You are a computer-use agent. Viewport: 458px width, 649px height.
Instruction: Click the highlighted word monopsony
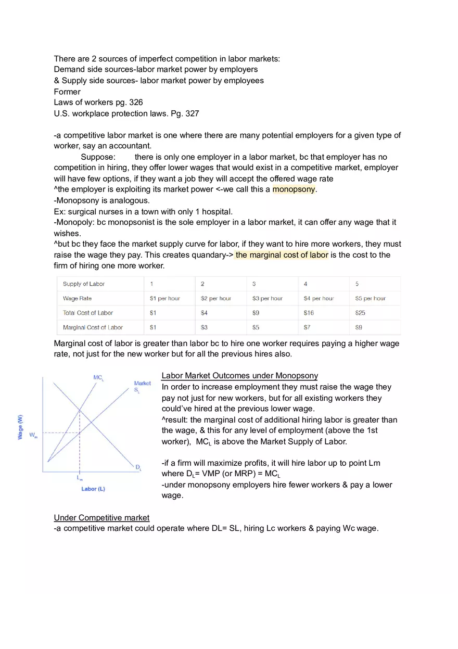click(294, 189)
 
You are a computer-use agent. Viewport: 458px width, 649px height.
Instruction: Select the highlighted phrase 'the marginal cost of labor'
click(282, 255)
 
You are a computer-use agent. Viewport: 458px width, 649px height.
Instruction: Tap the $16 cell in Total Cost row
click(309, 313)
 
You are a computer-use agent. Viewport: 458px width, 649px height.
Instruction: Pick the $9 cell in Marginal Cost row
click(359, 327)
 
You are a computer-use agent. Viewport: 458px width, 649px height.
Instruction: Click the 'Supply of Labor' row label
click(84, 284)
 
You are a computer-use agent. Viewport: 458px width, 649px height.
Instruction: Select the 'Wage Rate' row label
click(77, 298)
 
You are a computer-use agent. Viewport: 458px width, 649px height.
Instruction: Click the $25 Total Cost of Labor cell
click(360, 313)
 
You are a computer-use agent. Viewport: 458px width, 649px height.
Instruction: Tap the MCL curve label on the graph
click(98, 377)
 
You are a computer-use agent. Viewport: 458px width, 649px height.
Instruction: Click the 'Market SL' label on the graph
click(142, 386)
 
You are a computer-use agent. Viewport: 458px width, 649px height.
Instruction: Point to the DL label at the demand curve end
click(138, 467)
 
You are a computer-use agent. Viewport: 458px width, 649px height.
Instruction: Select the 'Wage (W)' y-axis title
click(20, 427)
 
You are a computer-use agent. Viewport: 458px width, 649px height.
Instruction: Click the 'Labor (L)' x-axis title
click(93, 489)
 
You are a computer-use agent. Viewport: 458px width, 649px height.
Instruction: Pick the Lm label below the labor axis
click(80, 477)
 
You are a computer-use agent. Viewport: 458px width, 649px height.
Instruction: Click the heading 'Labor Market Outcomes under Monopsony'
click(239, 376)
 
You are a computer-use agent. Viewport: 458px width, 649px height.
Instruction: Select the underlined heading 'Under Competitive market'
click(101, 518)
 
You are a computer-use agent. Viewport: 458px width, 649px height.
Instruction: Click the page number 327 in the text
click(192, 113)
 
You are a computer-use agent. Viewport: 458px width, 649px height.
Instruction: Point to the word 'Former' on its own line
click(67, 92)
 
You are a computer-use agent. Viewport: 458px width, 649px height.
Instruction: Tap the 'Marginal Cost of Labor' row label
click(93, 327)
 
